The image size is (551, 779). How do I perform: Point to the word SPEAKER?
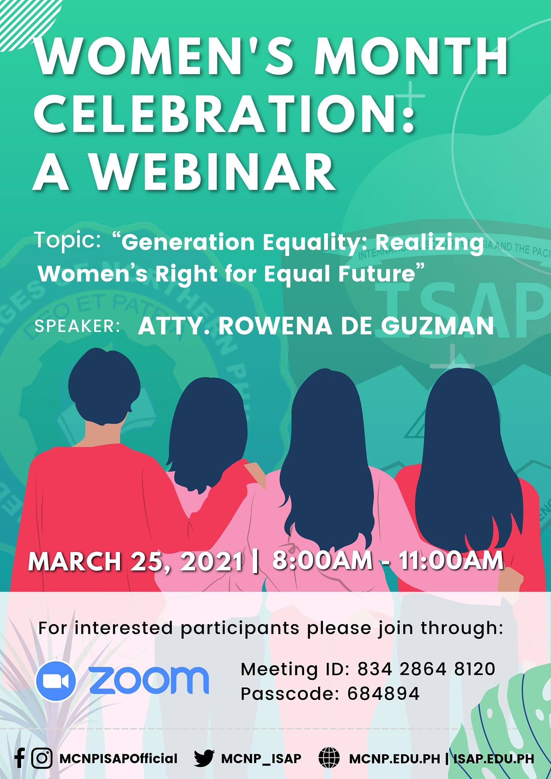click(78, 327)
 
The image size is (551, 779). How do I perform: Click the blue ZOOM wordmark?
click(149, 681)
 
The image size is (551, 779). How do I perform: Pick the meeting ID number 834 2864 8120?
click(426, 669)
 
